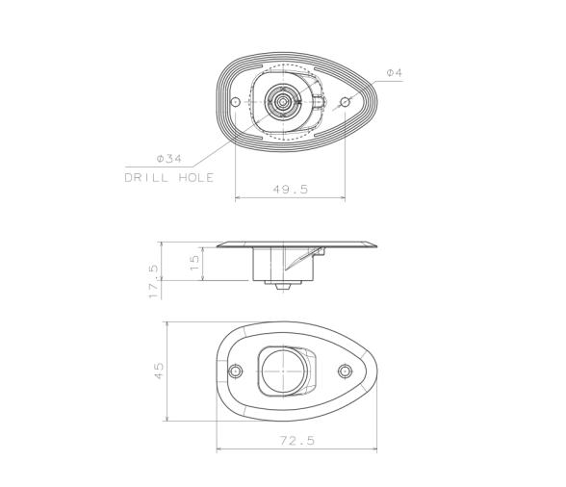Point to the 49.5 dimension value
(290, 190)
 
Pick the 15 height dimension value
(195, 262)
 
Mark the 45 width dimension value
(160, 371)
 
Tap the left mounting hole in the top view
(235, 102)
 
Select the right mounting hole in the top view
(345, 102)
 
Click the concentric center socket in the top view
(283, 100)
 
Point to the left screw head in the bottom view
(236, 372)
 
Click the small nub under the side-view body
(281, 285)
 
